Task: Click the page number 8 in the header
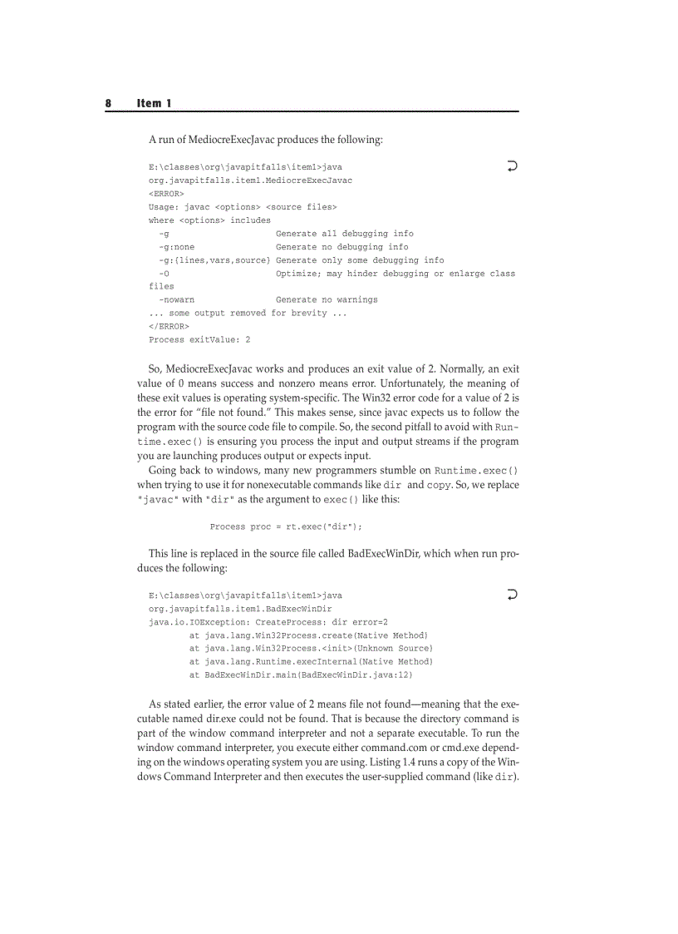tap(108, 103)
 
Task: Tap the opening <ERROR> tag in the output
tap(166, 193)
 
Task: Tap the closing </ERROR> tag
tap(169, 326)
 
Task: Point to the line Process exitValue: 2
tap(199, 339)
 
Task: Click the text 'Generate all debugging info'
tap(344, 233)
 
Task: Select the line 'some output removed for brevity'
tap(248, 313)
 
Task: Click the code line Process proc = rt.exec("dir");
tap(286, 526)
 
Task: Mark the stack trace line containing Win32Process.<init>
tap(311, 648)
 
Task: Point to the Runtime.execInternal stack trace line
tap(311, 661)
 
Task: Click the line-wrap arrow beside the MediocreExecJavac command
tap(512, 166)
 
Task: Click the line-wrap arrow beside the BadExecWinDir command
tap(512, 595)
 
